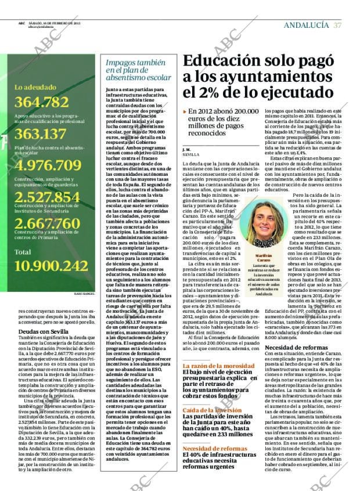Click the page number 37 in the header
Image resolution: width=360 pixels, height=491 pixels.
[338, 26]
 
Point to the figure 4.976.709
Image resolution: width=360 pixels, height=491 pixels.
[48, 165]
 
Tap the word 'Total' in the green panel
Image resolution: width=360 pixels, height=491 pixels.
[23, 252]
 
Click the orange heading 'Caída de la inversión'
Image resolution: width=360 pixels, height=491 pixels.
[212, 410]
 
